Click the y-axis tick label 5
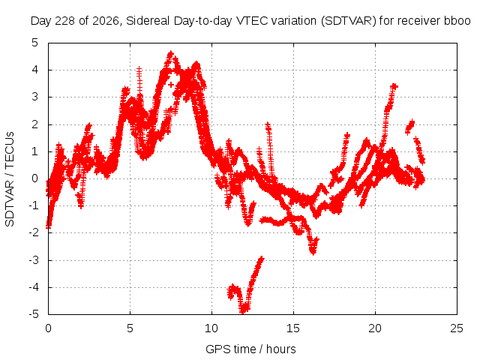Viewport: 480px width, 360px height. pos(34,43)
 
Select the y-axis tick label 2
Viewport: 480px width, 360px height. pos(34,124)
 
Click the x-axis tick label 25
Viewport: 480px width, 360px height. pos(457,328)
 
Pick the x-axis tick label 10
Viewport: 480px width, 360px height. pos(211,328)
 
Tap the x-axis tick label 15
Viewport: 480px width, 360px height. pos(293,328)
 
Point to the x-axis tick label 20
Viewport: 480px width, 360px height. pos(375,328)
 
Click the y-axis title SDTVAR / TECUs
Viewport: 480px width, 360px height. pos(10,179)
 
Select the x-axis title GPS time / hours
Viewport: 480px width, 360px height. pos(250,349)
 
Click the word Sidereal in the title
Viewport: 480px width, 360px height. pos(148,21)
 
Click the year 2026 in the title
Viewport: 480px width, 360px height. pos(106,21)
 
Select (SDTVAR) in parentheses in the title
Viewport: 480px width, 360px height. pos(348,21)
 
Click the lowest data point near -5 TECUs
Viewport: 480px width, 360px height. pos(243,312)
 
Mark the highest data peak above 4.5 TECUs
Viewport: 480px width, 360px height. pos(170,54)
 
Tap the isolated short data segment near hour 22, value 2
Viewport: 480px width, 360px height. pos(409,127)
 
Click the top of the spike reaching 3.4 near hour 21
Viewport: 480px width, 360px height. pos(394,86)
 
